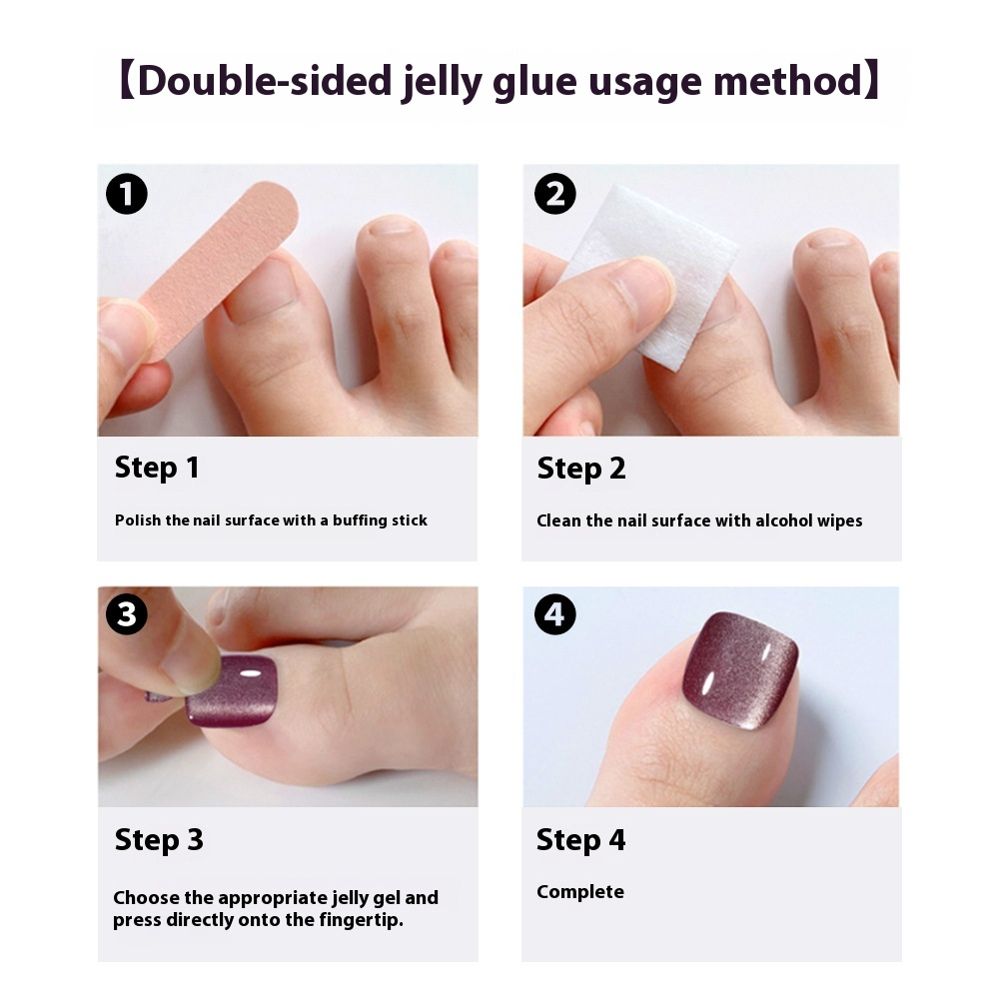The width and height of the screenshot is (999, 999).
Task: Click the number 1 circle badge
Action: [127, 194]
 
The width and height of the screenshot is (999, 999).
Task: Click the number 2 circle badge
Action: [555, 194]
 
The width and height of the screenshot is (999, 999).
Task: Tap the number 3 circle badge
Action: [127, 614]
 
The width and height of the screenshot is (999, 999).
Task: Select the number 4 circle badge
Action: [555, 614]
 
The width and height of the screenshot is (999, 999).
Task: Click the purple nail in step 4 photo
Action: [739, 664]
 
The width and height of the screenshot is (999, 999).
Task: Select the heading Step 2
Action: [581, 468]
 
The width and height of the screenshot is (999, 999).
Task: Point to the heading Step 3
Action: [159, 839]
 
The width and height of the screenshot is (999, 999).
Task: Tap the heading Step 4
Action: [581, 839]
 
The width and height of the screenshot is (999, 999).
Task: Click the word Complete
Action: [580, 891]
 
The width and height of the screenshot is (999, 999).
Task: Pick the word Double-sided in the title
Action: [264, 80]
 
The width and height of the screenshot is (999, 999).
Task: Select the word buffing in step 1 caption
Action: [362, 520]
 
